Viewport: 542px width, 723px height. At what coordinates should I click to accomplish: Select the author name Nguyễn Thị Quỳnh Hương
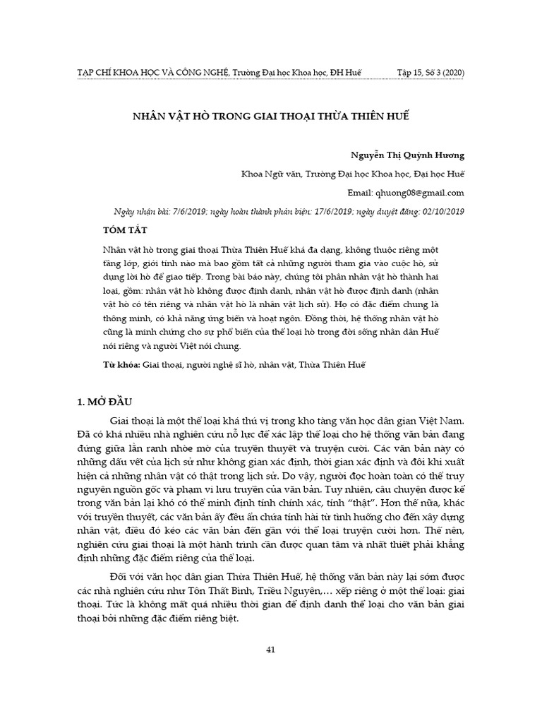click(407, 155)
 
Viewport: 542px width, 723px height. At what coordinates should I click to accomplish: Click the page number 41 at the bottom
click(270, 650)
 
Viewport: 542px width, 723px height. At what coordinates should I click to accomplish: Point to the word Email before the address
click(361, 192)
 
